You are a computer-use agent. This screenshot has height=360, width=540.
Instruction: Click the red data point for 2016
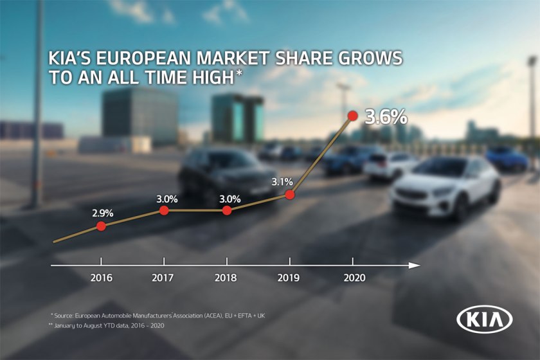[x=101, y=226]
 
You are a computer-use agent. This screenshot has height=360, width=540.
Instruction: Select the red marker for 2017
[x=164, y=210]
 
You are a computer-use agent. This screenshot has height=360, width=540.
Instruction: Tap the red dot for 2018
[x=227, y=210]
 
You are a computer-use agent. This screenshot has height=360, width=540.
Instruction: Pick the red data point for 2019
[x=289, y=194]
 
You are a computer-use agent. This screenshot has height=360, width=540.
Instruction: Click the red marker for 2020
[x=352, y=116]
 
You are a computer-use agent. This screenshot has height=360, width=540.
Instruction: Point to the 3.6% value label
[x=386, y=117]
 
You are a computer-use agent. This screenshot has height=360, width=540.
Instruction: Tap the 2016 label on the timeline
[x=101, y=278]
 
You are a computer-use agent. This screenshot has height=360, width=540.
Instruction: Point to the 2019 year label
[x=290, y=278]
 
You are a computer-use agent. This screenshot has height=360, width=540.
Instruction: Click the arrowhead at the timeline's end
[x=415, y=265]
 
